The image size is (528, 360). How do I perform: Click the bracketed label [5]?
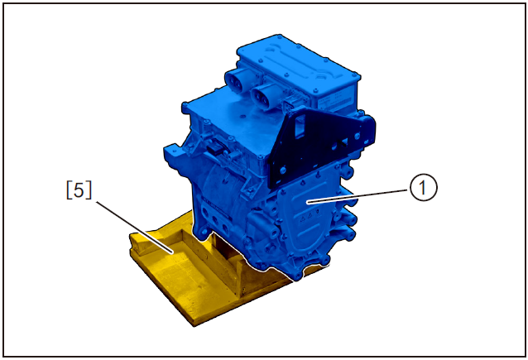(x=79, y=190)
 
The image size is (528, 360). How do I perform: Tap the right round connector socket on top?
(x=267, y=93)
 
